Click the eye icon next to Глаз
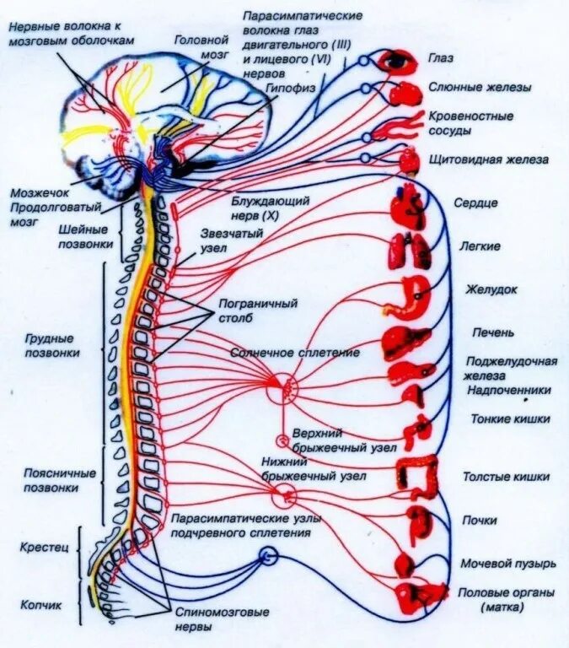tap(395, 61)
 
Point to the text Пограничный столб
tap(247, 310)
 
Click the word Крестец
tap(41, 548)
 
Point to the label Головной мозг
tap(201, 46)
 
